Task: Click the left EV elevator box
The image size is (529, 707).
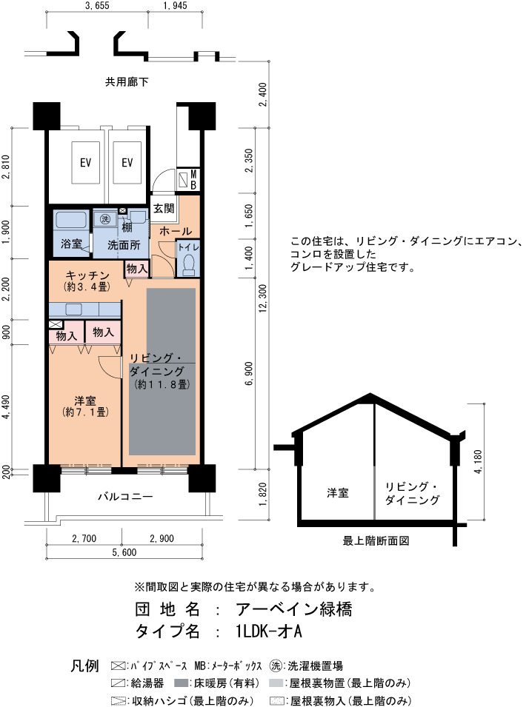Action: point(86,162)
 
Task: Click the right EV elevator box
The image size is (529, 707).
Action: point(127,162)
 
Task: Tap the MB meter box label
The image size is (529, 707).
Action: point(193,179)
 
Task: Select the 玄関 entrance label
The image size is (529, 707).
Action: point(164,208)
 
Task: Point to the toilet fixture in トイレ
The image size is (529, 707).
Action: point(189,264)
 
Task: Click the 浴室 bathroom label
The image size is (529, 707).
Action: point(71,244)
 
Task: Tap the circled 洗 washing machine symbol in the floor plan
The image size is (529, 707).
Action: point(104,219)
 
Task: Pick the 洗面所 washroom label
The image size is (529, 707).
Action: point(124,245)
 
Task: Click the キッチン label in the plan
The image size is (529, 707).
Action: point(87,275)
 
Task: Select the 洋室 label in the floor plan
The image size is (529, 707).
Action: point(85,400)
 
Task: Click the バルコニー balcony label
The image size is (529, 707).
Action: point(125,497)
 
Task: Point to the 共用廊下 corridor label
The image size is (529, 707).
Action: point(127,82)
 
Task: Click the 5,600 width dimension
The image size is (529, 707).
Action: point(124,552)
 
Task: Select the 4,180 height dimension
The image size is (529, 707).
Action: point(479,461)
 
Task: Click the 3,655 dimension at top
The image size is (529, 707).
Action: point(97,6)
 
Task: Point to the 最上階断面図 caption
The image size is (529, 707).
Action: point(376,540)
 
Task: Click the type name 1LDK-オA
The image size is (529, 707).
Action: point(268,631)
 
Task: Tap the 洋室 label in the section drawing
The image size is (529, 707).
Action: point(338,493)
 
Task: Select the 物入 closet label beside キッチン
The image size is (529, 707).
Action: point(137,268)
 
